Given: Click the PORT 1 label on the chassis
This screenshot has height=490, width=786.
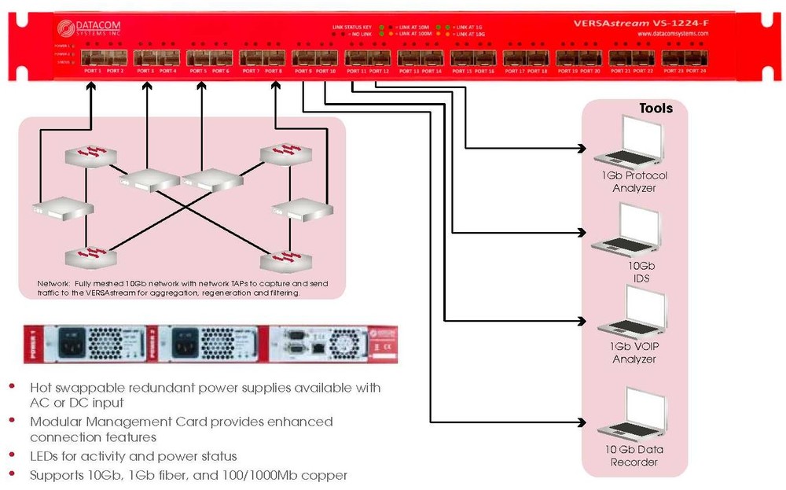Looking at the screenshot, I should coord(92,72).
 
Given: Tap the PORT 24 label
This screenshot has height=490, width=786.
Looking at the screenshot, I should coord(696,72).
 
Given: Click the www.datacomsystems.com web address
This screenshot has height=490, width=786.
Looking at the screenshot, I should coord(672,35).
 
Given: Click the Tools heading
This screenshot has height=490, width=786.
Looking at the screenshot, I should coord(656,109).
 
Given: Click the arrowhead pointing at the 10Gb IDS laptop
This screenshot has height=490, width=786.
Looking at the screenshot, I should coord(582,233).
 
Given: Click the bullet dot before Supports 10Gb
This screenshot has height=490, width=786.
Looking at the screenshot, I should coord(11,475).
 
